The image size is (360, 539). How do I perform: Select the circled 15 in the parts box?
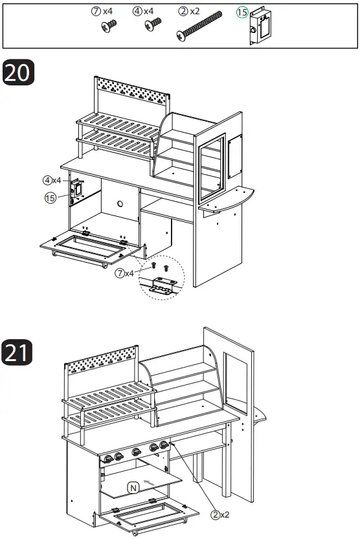coord(242,13)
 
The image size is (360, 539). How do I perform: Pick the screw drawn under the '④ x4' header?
coord(153,27)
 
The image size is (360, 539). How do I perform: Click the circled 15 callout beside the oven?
coord(50,198)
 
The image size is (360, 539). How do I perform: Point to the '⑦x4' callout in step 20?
coord(124,273)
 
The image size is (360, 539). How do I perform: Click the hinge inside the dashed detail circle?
coord(162,285)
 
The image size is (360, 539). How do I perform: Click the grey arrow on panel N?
coord(150,482)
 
